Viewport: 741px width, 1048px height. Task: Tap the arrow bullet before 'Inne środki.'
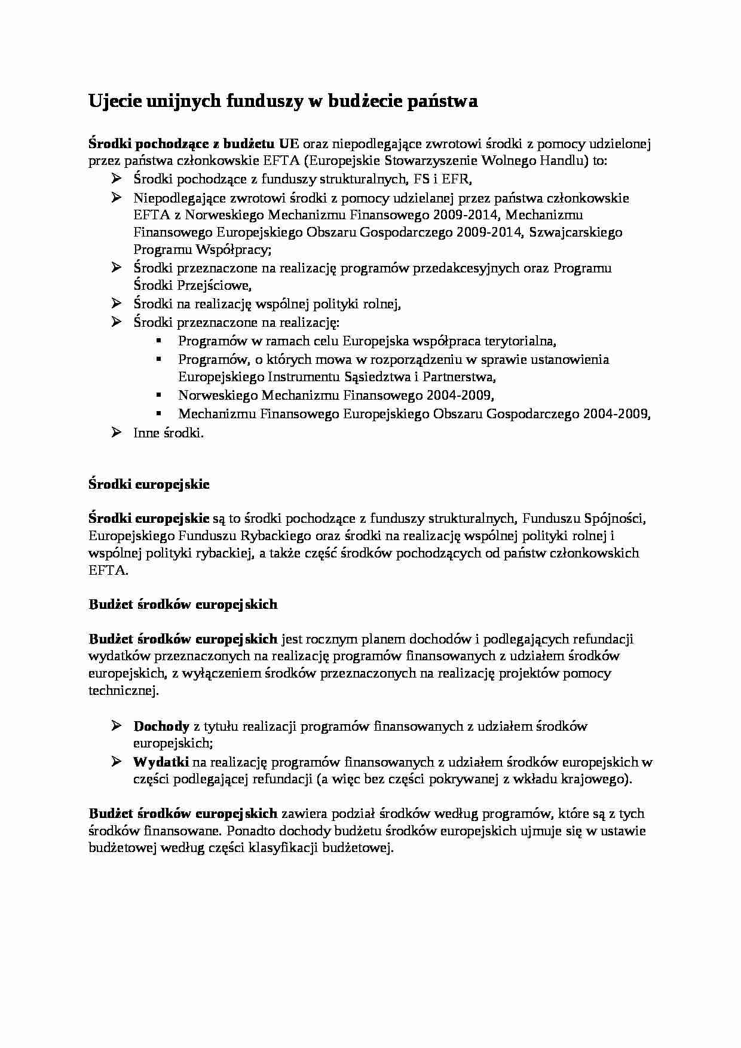[117, 432]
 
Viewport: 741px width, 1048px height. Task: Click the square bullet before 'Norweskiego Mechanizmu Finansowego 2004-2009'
[158, 395]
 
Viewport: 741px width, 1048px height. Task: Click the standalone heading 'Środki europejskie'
[149, 485]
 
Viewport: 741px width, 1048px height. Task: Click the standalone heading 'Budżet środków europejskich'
[183, 605]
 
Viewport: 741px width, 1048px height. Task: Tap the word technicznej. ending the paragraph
[124, 691]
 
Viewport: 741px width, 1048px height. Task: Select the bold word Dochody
[161, 727]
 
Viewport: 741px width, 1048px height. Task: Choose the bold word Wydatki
[161, 762]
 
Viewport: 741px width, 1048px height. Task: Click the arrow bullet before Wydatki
[117, 761]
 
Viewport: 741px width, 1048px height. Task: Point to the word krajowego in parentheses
[597, 779]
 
